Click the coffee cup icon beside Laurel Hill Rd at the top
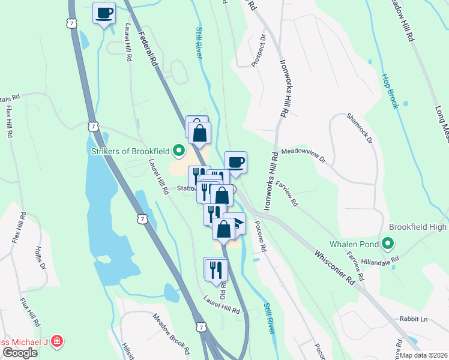(104, 12)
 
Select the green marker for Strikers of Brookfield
(178, 150)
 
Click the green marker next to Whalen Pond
(388, 244)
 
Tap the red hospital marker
(57, 341)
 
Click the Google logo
(20, 353)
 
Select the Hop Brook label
(391, 91)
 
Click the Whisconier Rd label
(334, 266)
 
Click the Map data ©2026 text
(423, 355)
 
